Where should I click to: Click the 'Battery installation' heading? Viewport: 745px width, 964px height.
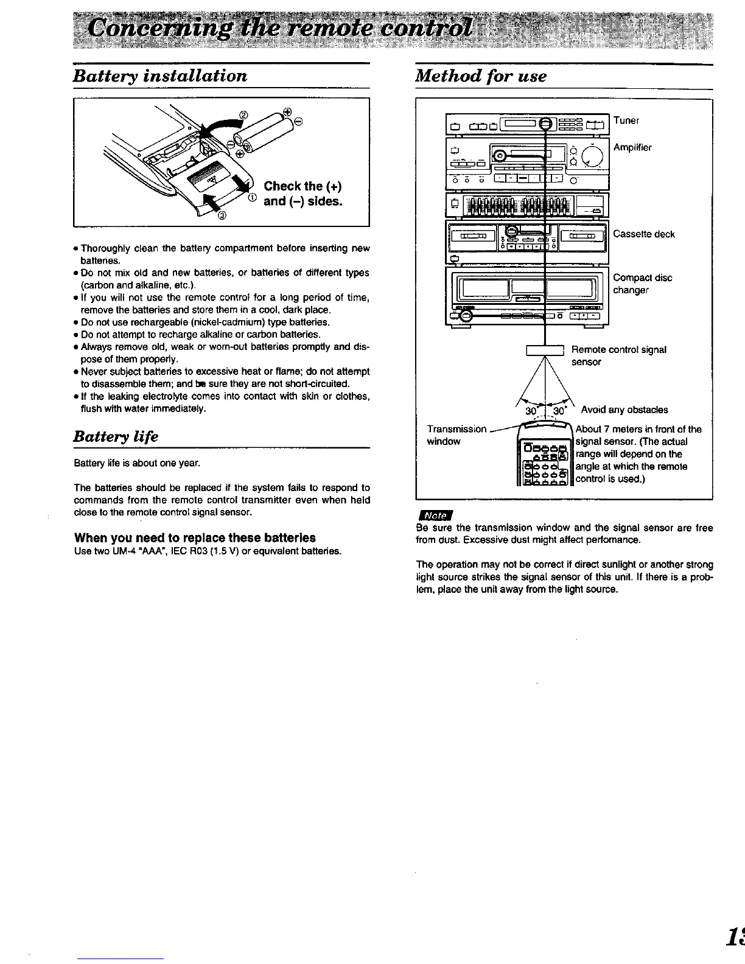point(160,76)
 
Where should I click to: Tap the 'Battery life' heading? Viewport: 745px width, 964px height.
point(116,436)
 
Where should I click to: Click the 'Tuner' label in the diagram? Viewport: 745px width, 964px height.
point(626,120)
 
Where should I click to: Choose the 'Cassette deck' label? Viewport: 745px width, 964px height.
point(644,234)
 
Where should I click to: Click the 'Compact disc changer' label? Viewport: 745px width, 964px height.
point(642,284)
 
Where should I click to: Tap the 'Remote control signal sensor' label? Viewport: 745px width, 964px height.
point(618,355)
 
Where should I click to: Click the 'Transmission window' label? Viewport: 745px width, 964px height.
point(456,435)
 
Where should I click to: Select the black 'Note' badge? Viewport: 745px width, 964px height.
point(435,515)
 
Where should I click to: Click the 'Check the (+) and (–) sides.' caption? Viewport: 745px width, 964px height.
point(303,194)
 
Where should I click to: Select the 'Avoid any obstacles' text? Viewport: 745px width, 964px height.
point(624,410)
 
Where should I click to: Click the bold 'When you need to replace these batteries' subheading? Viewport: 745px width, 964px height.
point(195,538)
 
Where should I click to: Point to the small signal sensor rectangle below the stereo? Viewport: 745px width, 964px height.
point(545,349)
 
